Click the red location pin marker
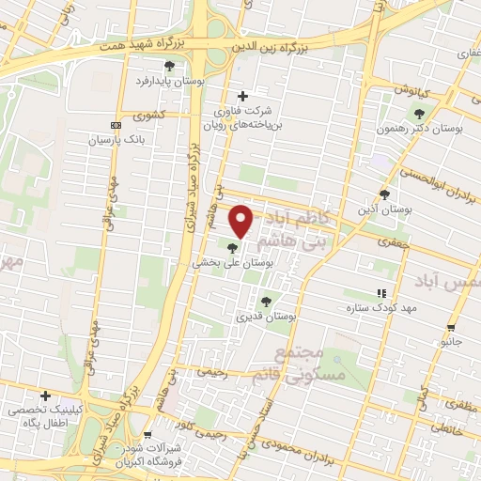pyautogui.click(x=242, y=222)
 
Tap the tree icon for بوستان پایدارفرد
pyautogui.click(x=169, y=66)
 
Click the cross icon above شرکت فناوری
pyautogui.click(x=243, y=96)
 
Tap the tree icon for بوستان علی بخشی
pyautogui.click(x=233, y=248)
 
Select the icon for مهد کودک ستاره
pyautogui.click(x=381, y=293)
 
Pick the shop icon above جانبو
pyautogui.click(x=452, y=328)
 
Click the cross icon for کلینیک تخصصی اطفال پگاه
pyautogui.click(x=44, y=396)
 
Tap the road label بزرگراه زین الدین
pyautogui.click(x=285, y=43)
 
